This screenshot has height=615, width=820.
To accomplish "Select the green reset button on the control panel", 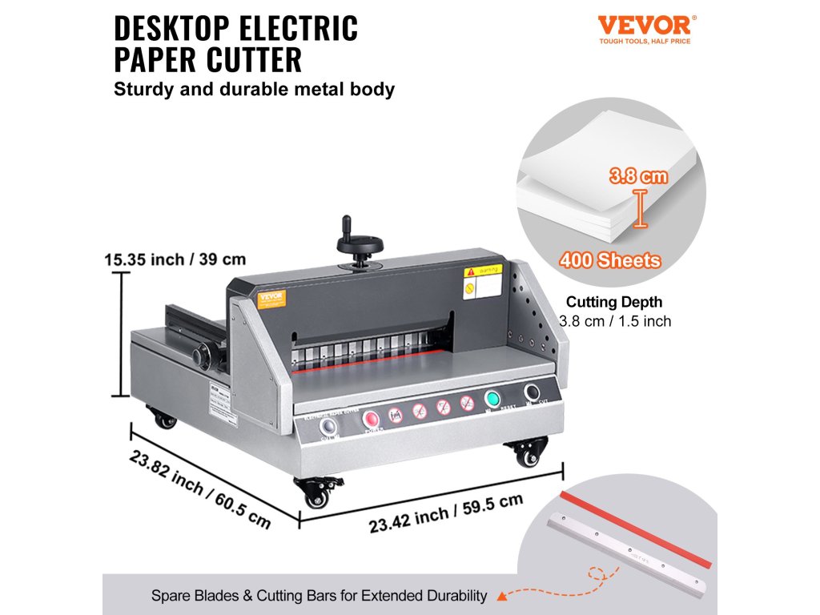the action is tap(493, 399).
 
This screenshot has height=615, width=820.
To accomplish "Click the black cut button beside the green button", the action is tap(532, 392).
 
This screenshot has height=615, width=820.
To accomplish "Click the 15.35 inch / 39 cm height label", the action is tap(175, 259).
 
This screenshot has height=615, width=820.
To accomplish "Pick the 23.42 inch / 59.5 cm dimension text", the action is tap(445, 513).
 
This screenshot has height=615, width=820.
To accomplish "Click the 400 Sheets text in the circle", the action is tap(610, 260).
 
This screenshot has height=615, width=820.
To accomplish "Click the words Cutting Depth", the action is tap(614, 303).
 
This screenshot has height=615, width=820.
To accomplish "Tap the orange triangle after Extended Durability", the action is tap(501, 596).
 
